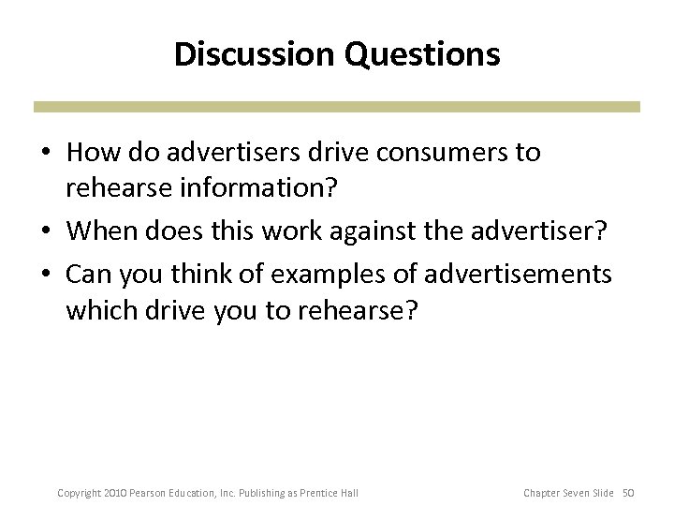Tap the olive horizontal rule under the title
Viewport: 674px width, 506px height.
[x=337, y=108]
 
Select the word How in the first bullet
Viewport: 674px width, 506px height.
[x=89, y=153]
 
